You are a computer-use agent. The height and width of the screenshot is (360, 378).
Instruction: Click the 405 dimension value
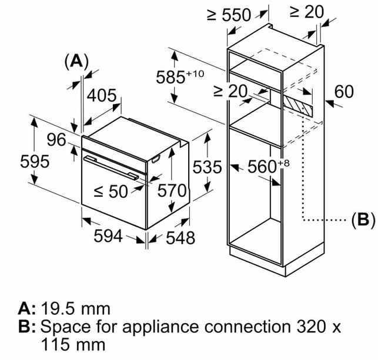(102, 96)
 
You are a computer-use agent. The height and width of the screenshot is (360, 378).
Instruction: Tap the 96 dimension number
(56, 140)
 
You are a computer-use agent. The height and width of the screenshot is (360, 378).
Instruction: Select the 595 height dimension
(35, 162)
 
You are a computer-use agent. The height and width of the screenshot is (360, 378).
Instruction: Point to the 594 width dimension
(108, 236)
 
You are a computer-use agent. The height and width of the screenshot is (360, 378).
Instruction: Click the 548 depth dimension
(180, 238)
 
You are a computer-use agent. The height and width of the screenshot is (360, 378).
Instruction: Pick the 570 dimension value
(172, 190)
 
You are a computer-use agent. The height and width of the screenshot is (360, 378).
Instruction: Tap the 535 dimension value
(207, 167)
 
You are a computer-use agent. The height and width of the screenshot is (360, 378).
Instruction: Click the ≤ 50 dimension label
(111, 191)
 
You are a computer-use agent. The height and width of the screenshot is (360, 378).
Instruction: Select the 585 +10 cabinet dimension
(180, 77)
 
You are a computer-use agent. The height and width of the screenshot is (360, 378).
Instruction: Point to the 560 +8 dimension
(269, 166)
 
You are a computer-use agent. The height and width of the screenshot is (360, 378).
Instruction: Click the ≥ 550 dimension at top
(229, 15)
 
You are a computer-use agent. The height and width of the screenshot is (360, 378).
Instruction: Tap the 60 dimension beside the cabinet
(344, 92)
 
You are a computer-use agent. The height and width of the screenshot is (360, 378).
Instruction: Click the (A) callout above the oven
(76, 61)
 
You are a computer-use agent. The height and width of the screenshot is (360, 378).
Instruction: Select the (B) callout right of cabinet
(363, 220)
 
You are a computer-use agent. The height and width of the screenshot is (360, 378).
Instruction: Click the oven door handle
(111, 167)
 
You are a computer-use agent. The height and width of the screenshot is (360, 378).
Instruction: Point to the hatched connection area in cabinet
(297, 105)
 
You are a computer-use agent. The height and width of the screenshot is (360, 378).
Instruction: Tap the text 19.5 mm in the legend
(76, 308)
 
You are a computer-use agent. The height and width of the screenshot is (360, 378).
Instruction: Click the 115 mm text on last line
(73, 345)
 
